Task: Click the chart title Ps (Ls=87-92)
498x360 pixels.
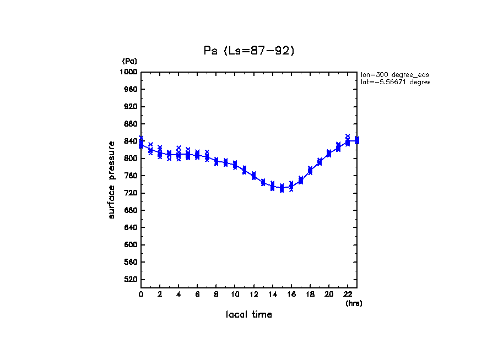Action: [249, 51]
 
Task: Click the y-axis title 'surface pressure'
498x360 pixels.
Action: [112, 179]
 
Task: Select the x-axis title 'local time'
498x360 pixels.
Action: [249, 314]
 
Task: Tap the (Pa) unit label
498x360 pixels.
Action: [129, 61]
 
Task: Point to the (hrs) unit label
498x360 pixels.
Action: [354, 303]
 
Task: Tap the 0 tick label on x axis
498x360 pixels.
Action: [141, 294]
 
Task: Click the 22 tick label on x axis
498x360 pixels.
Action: [348, 294]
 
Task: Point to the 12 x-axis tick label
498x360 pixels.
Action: [254, 294]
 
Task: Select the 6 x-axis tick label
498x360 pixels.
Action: [197, 294]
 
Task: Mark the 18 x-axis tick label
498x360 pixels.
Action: [310, 294]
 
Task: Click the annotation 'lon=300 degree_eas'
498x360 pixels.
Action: [394, 74]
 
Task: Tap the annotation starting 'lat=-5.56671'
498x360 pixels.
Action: [394, 82]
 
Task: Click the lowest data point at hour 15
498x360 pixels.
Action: [282, 190]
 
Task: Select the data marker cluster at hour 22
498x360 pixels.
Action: [348, 140]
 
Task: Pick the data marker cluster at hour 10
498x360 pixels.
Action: [235, 165]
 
